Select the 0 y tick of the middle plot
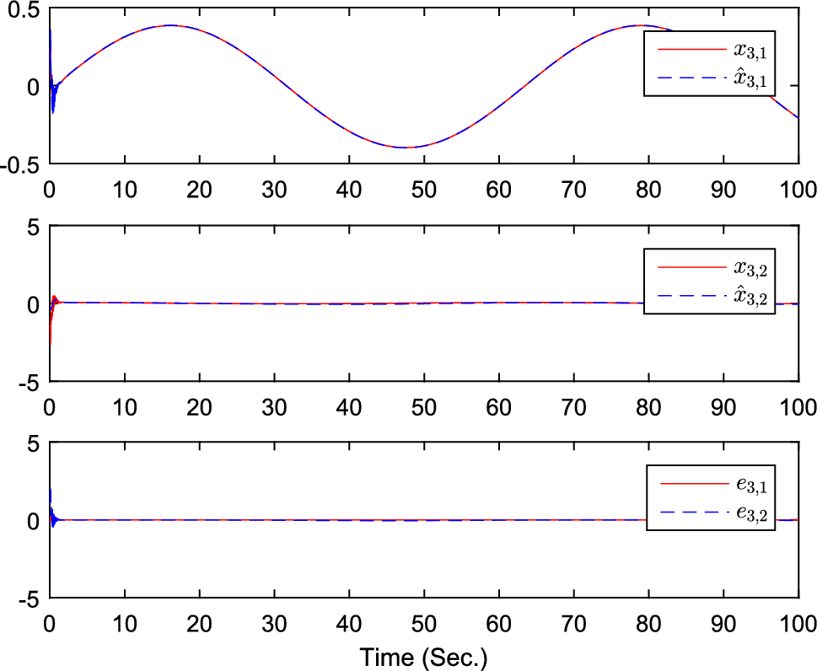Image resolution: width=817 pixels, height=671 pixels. tap(33, 304)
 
